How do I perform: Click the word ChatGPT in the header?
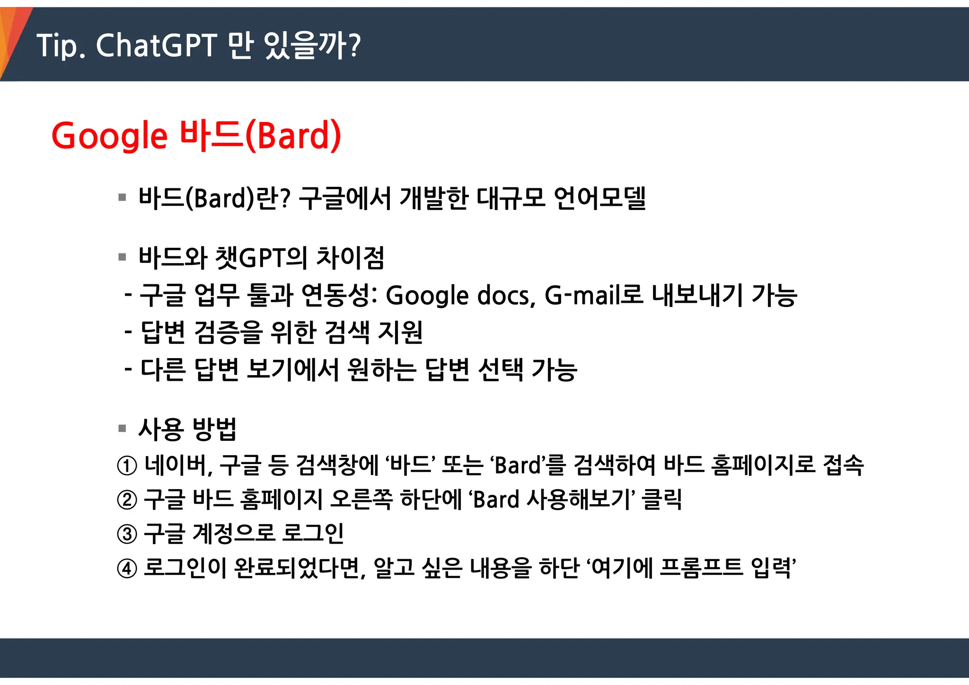point(157,46)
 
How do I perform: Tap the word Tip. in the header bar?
point(61,46)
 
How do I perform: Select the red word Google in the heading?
point(109,136)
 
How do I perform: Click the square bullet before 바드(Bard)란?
point(123,197)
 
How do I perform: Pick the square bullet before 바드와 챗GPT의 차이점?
point(123,257)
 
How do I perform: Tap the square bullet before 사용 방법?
point(123,429)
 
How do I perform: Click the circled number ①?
point(127,465)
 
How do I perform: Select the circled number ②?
point(127,500)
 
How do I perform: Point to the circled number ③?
point(127,534)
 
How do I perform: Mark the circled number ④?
point(127,568)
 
